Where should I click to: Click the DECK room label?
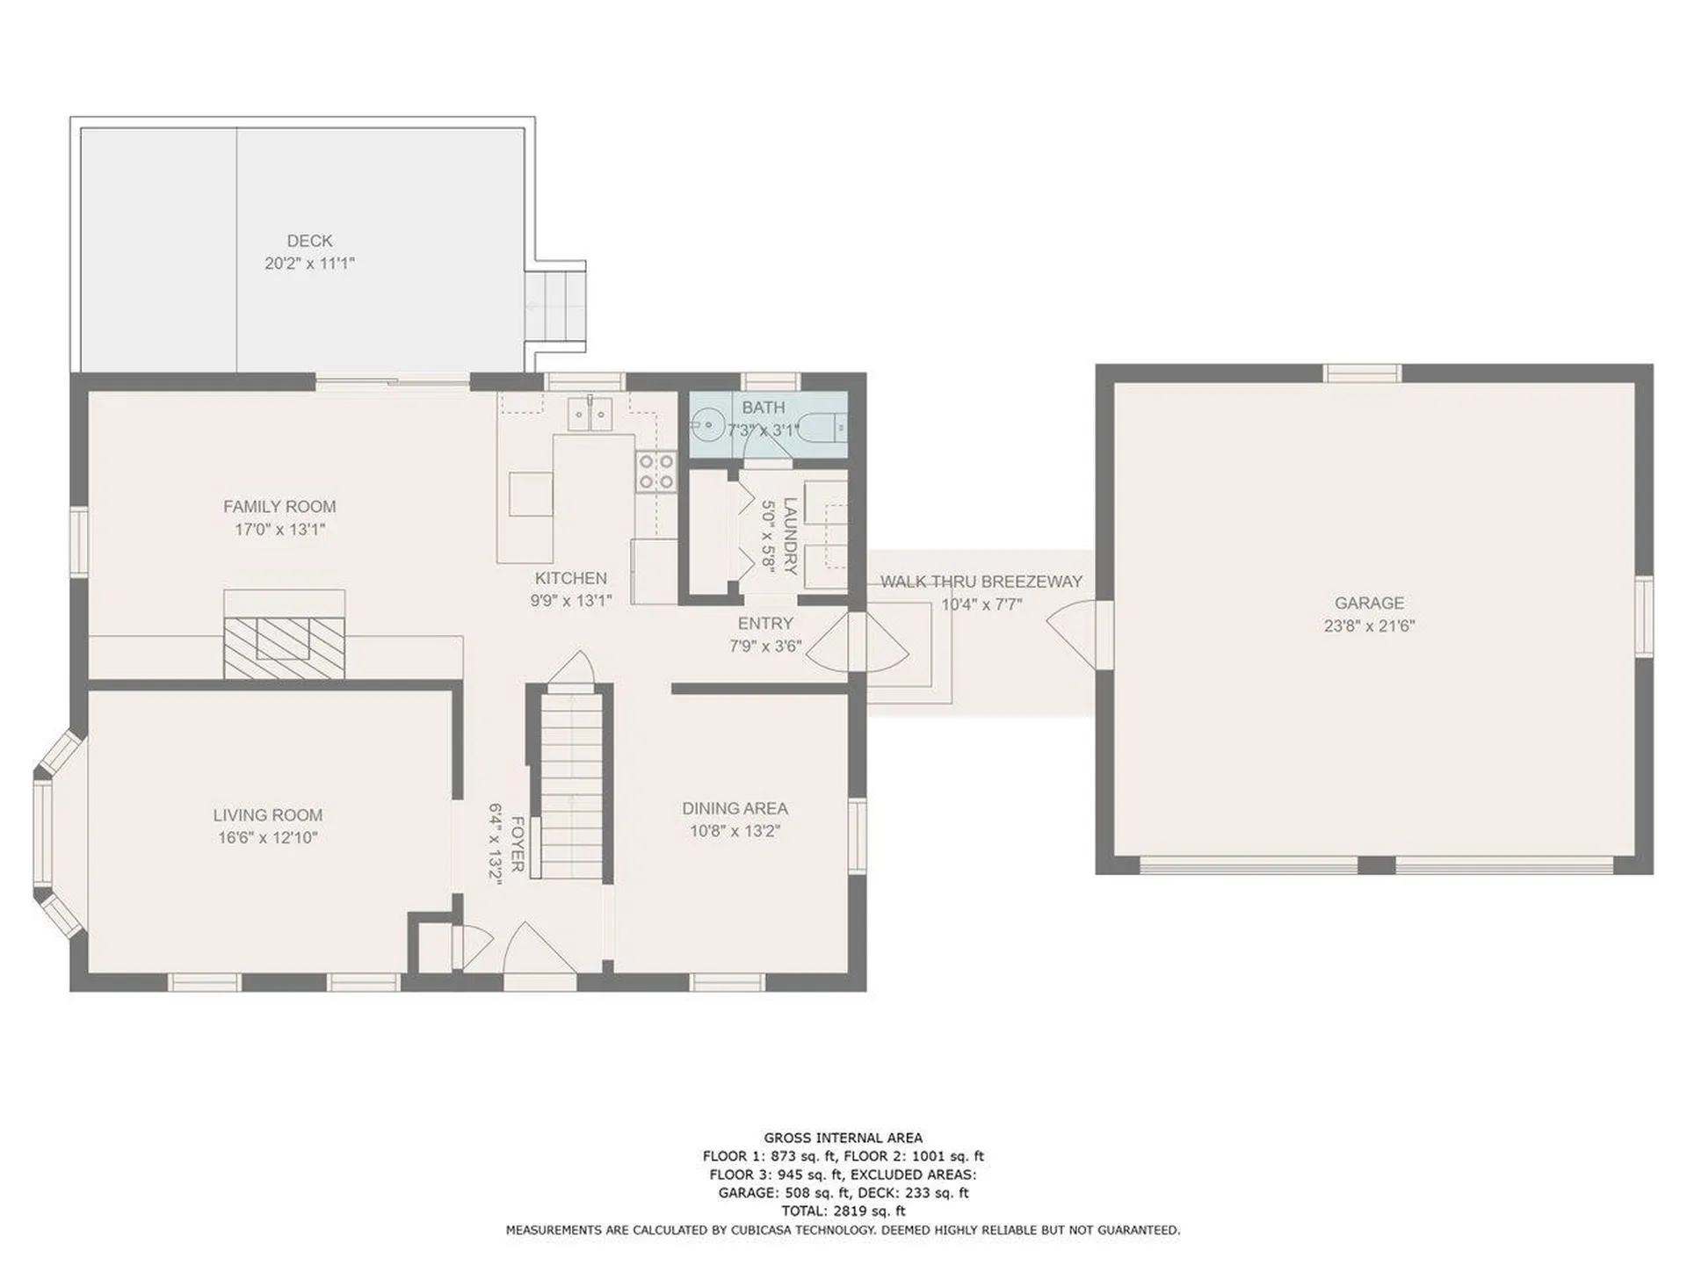pyautogui.click(x=309, y=241)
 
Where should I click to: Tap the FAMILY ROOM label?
pyautogui.click(x=279, y=506)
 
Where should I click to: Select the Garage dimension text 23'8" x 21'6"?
pyautogui.click(x=1369, y=625)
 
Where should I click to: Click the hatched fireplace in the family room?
pyautogui.click(x=284, y=647)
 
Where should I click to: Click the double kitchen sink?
pyautogui.click(x=590, y=414)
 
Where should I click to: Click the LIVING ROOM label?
pyautogui.click(x=267, y=814)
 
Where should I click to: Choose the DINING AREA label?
pyautogui.click(x=735, y=808)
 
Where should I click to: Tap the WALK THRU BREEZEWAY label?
pyautogui.click(x=981, y=582)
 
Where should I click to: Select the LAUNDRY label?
pyautogui.click(x=790, y=536)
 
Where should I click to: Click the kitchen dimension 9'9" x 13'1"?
pyautogui.click(x=571, y=601)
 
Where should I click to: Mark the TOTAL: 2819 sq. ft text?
pyautogui.click(x=843, y=1211)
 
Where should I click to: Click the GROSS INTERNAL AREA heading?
pyautogui.click(x=843, y=1138)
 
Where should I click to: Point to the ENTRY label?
pyautogui.click(x=765, y=623)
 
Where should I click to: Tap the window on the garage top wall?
pyautogui.click(x=1362, y=373)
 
